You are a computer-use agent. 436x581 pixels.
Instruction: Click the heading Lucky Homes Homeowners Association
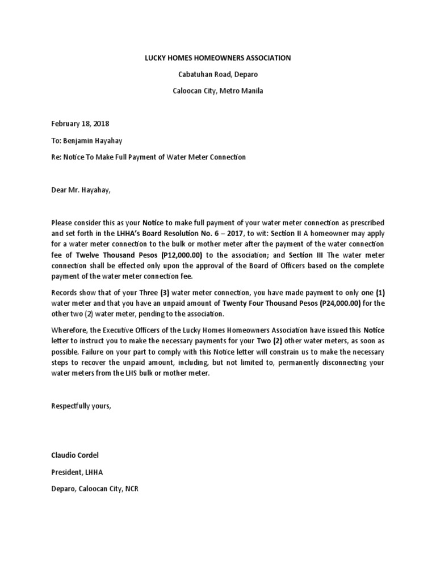click(x=218, y=58)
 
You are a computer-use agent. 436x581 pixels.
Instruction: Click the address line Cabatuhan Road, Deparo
click(x=218, y=74)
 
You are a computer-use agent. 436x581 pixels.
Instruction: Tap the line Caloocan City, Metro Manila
click(x=218, y=91)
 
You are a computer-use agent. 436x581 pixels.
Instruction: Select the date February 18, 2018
click(x=80, y=124)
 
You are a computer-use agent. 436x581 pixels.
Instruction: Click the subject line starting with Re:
click(x=148, y=157)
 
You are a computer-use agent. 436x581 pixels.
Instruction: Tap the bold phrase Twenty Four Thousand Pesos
click(x=269, y=303)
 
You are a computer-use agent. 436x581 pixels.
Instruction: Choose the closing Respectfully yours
click(x=81, y=406)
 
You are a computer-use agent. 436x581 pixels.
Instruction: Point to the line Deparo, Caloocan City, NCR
click(x=95, y=489)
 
